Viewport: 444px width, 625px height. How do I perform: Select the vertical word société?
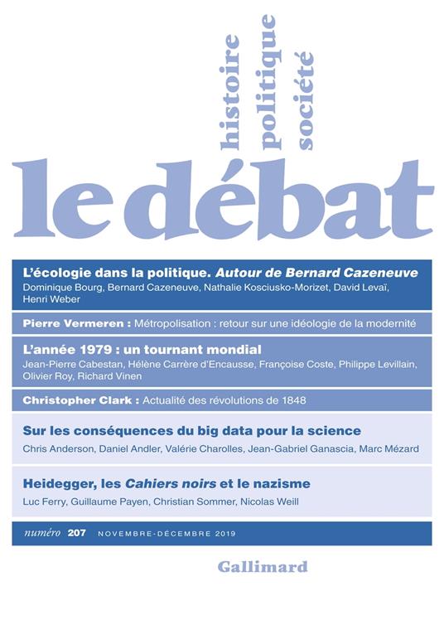coord(305,99)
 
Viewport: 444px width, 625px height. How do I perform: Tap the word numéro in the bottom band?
coord(37,534)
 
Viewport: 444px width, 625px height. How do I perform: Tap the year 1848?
coord(293,400)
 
